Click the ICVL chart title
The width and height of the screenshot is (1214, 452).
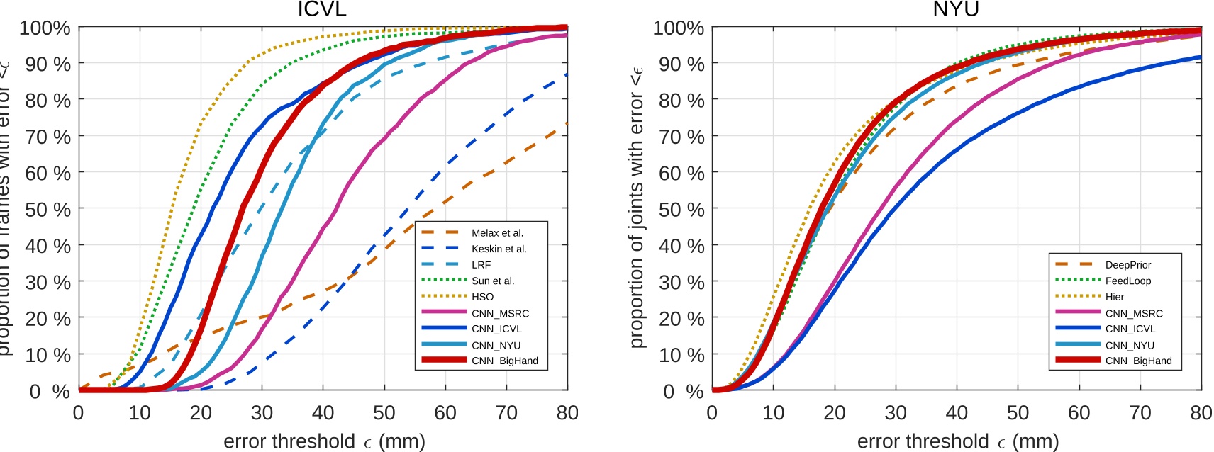[322, 9]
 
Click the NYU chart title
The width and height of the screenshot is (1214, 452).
[955, 9]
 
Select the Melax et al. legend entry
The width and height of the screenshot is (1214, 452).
[497, 232]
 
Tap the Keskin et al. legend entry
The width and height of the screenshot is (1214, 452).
[499, 249]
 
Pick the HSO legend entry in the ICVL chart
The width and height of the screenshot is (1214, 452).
[482, 297]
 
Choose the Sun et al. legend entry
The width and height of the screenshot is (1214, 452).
[493, 281]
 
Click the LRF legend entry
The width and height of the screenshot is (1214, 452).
[481, 264]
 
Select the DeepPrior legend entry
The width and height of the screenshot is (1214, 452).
[1127, 264]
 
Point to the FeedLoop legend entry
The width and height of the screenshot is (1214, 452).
[1127, 281]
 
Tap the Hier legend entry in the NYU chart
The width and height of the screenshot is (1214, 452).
[1114, 297]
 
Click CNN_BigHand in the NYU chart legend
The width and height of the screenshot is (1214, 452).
[1138, 361]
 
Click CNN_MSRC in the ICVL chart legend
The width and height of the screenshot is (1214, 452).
[500, 313]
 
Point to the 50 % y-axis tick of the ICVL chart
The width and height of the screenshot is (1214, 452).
[48, 210]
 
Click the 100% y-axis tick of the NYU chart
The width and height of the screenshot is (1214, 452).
[678, 28]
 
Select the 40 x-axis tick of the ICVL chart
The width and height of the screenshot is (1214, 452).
[323, 412]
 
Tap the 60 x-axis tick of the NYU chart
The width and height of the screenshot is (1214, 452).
[1079, 412]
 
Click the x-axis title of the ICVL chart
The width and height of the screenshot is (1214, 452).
[324, 441]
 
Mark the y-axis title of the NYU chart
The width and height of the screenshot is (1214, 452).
[636, 208]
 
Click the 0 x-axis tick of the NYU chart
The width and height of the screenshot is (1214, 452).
[712, 412]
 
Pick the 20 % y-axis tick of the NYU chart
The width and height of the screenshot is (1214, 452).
[681, 319]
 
